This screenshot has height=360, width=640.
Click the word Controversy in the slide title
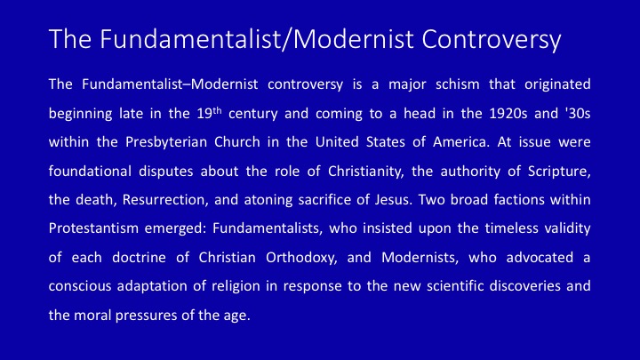(x=492, y=40)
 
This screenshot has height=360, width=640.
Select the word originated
(x=557, y=85)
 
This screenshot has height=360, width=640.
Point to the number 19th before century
(x=209, y=113)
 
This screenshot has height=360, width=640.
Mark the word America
(x=461, y=142)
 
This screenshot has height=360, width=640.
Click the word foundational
(x=90, y=171)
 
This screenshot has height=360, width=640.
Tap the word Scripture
(x=559, y=172)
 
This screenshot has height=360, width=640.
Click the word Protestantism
(x=93, y=228)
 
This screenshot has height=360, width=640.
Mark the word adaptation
(x=152, y=286)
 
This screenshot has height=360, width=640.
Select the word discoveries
(x=525, y=285)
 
